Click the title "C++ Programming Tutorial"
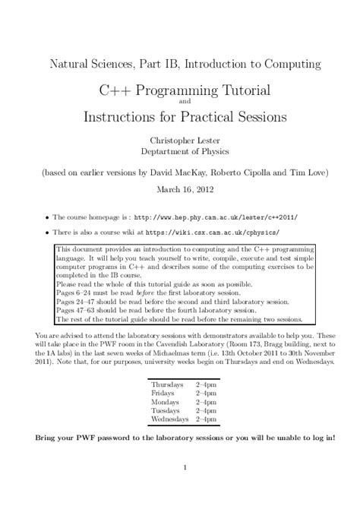[179, 91]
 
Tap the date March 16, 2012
[180, 191]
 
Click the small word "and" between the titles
[179, 103]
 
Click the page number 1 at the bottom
[180, 488]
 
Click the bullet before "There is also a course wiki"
[48, 232]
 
